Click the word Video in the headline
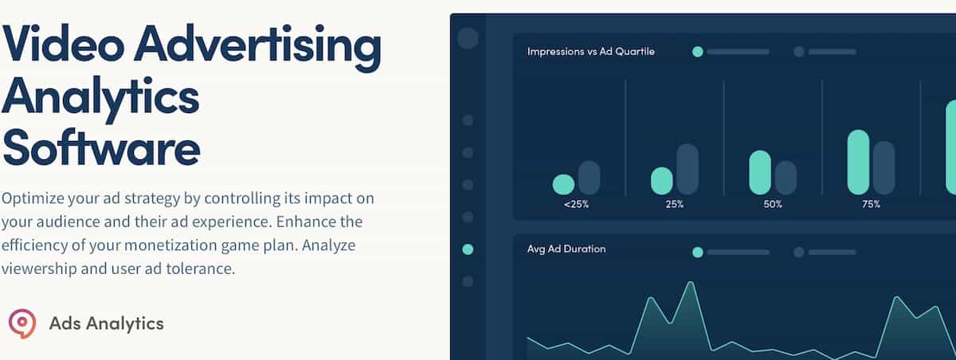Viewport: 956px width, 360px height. click(x=63, y=44)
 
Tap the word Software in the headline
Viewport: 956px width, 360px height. click(x=101, y=147)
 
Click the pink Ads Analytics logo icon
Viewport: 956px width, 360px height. click(x=22, y=323)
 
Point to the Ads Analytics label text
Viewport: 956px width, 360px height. click(x=106, y=323)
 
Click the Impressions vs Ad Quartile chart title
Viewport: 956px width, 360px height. click(x=590, y=52)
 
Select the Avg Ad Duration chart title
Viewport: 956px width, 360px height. click(x=566, y=249)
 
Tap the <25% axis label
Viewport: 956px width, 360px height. click(x=576, y=205)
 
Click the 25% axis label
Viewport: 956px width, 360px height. click(x=674, y=205)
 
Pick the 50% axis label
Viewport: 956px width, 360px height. click(x=773, y=205)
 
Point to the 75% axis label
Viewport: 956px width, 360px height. click(x=871, y=205)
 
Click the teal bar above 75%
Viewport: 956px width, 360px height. click(x=858, y=162)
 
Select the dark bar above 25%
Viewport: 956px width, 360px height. click(x=688, y=169)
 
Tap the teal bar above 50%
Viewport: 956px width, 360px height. click(x=760, y=172)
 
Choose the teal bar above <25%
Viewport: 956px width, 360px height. click(x=563, y=184)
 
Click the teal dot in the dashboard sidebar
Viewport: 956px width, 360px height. click(x=468, y=249)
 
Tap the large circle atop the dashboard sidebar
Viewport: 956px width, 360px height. click(x=468, y=38)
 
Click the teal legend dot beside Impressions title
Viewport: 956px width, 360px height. click(x=698, y=52)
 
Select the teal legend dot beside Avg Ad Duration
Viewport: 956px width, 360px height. click(x=698, y=252)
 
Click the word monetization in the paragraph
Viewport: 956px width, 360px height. click(x=170, y=245)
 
